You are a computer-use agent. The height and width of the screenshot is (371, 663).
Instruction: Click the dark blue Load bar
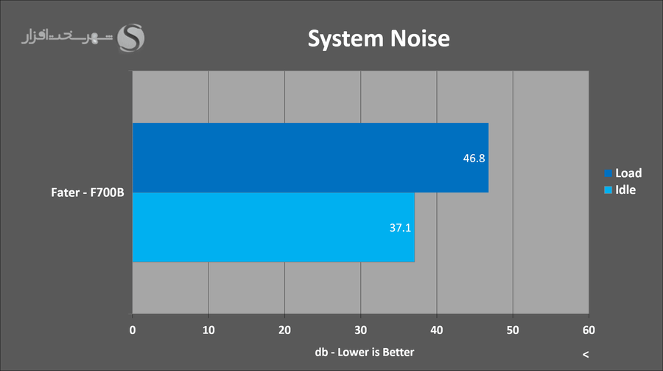[x=309, y=158]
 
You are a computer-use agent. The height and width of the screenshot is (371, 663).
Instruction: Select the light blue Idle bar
[x=273, y=227]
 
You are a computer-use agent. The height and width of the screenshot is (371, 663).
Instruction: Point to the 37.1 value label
[x=401, y=228]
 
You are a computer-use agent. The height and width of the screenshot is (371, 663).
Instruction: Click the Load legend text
[x=628, y=173]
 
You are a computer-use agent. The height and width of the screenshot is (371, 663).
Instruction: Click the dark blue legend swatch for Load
[x=608, y=173]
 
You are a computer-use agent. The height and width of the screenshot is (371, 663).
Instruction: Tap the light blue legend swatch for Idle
[x=608, y=190]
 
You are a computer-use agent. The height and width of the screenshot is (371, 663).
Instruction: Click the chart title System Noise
[x=378, y=38]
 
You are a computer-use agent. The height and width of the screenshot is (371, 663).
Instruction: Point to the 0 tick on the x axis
[x=133, y=330]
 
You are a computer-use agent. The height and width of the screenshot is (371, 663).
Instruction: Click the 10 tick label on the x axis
[x=208, y=330]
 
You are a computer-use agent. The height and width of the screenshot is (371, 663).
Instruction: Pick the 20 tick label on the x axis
[x=284, y=330]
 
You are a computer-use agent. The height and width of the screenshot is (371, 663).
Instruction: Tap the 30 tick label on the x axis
[x=361, y=330]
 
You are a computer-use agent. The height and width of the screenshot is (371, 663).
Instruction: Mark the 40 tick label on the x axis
[x=437, y=330]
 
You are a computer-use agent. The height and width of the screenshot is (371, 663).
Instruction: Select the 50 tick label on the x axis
[x=513, y=330]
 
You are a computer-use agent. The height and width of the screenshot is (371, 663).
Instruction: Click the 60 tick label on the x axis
[x=589, y=330]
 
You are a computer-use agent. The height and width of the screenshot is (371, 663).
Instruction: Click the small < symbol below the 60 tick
[x=586, y=355]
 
